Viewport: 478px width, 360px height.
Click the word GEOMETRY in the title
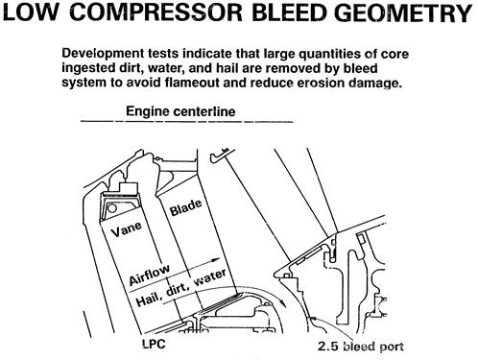point(404,12)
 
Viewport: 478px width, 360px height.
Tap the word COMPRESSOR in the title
point(156,12)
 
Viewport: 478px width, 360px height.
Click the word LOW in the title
point(31,12)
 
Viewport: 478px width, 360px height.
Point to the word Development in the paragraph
point(104,54)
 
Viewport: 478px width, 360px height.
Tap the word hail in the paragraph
point(227,68)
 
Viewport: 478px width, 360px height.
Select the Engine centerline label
point(180,111)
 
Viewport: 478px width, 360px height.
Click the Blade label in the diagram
point(185,207)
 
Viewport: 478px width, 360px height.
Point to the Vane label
point(127,228)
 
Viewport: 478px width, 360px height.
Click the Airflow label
point(149,275)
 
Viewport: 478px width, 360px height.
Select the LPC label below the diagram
point(154,344)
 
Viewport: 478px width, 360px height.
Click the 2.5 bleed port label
point(361,347)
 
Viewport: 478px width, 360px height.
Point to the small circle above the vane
point(112,208)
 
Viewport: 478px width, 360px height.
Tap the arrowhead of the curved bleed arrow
point(282,302)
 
